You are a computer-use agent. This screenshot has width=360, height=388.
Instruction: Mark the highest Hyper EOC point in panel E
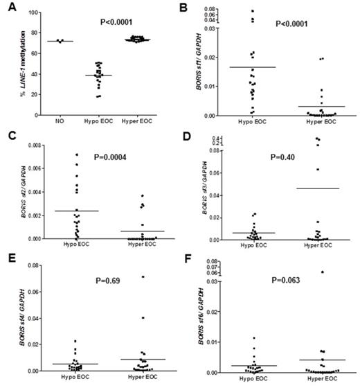point(143,277)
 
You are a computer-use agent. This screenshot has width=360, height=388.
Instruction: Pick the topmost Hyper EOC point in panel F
point(323,272)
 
